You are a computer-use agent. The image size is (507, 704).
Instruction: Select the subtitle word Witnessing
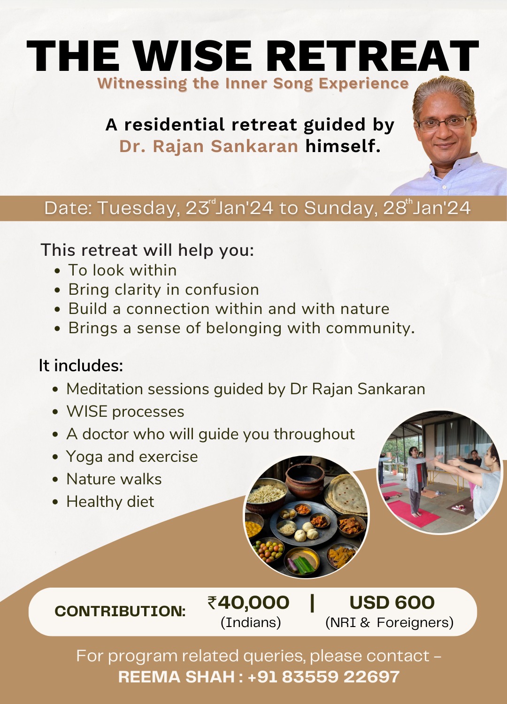142,84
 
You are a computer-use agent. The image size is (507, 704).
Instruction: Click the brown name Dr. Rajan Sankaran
208,146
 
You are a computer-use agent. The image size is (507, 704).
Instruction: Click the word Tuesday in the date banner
139,208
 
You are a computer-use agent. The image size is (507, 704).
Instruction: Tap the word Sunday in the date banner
340,208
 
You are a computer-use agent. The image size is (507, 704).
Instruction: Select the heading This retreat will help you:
147,250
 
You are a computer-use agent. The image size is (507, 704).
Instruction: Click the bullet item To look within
123,270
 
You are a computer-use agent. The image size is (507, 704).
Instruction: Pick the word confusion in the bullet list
222,290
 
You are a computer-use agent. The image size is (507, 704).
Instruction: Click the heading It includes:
81,365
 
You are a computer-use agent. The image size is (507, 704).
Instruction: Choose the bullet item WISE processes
125,412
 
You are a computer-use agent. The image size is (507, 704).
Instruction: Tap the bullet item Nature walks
114,479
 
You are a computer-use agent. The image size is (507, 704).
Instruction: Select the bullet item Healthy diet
110,502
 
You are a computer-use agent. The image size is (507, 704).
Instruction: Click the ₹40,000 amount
248,603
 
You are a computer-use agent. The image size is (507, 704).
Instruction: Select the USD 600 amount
392,603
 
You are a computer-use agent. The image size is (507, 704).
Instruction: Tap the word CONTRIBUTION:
120,611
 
